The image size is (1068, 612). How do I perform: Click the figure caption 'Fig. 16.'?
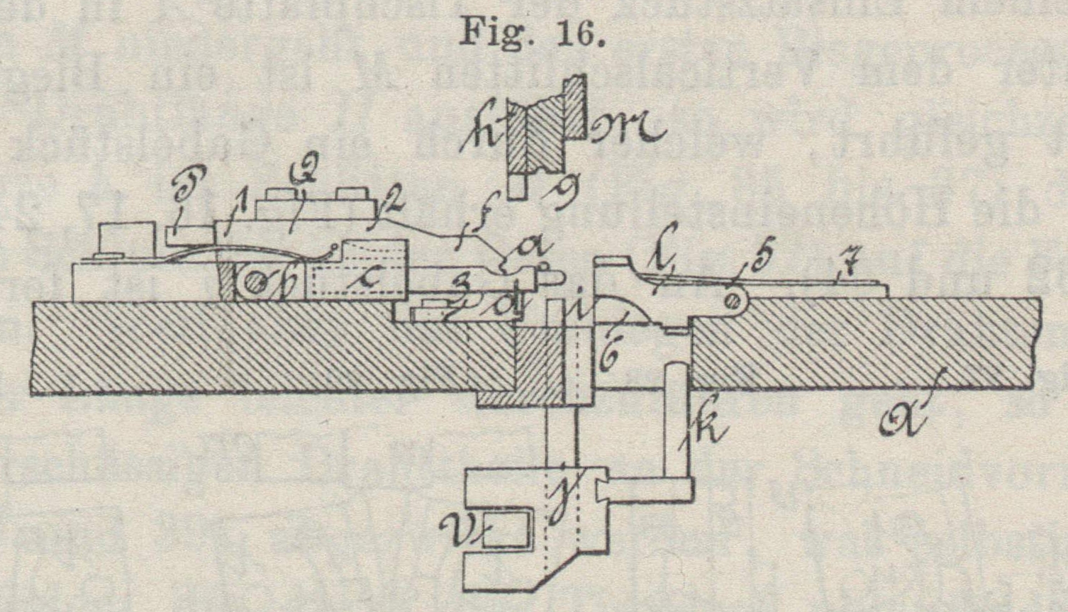pos(532,32)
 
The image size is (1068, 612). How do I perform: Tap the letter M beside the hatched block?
pos(627,128)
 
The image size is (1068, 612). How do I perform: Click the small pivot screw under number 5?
pos(735,301)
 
